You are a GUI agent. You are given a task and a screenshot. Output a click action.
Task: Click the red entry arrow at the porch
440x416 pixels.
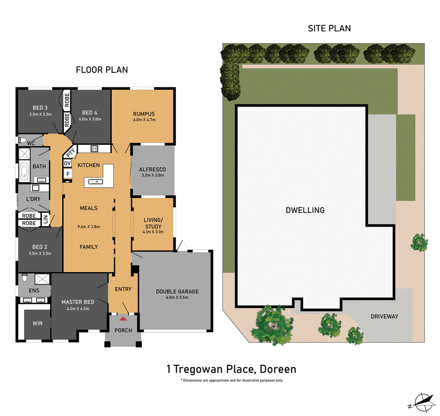pyautogui.click(x=123, y=318)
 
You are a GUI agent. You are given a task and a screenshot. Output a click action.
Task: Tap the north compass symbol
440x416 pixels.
pyautogui.click(x=422, y=403)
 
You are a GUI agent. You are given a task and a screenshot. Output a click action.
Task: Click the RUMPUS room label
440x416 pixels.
pyautogui.click(x=144, y=114)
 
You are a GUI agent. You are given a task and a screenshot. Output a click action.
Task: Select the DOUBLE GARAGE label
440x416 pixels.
pyautogui.click(x=177, y=291)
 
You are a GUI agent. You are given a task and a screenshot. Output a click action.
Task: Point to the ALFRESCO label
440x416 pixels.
pyautogui.click(x=152, y=170)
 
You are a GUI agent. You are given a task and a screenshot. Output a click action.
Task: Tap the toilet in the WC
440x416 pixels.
pyautogui.click(x=22, y=140)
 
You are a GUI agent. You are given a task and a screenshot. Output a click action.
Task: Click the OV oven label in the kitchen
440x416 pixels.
pyautogui.click(x=67, y=163)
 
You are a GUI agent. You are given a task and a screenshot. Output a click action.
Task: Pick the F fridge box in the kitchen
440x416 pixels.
pyautogui.click(x=68, y=174)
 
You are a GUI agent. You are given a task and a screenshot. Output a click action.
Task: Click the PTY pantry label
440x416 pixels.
pyautogui.click(x=71, y=152)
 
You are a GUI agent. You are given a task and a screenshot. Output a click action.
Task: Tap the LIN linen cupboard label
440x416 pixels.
pyautogui.click(x=46, y=220)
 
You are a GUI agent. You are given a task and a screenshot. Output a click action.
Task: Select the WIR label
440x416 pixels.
pyautogui.click(x=37, y=323)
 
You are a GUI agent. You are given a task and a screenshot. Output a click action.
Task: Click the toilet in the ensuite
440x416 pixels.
pyautogui.click(x=24, y=278)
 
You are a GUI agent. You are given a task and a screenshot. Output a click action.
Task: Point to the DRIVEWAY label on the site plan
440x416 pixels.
pyautogui.click(x=384, y=316)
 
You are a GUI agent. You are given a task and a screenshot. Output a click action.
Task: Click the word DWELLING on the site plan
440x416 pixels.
pyautogui.click(x=305, y=210)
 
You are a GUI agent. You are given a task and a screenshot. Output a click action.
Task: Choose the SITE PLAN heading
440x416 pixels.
pyautogui.click(x=329, y=29)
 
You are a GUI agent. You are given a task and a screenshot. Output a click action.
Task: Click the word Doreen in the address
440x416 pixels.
pyautogui.click(x=278, y=369)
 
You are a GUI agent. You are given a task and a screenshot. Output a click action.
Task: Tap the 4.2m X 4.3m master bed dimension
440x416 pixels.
pyautogui.click(x=78, y=308)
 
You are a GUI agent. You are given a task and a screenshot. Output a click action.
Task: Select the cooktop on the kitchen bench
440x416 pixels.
pyautogui.click(x=94, y=148)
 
